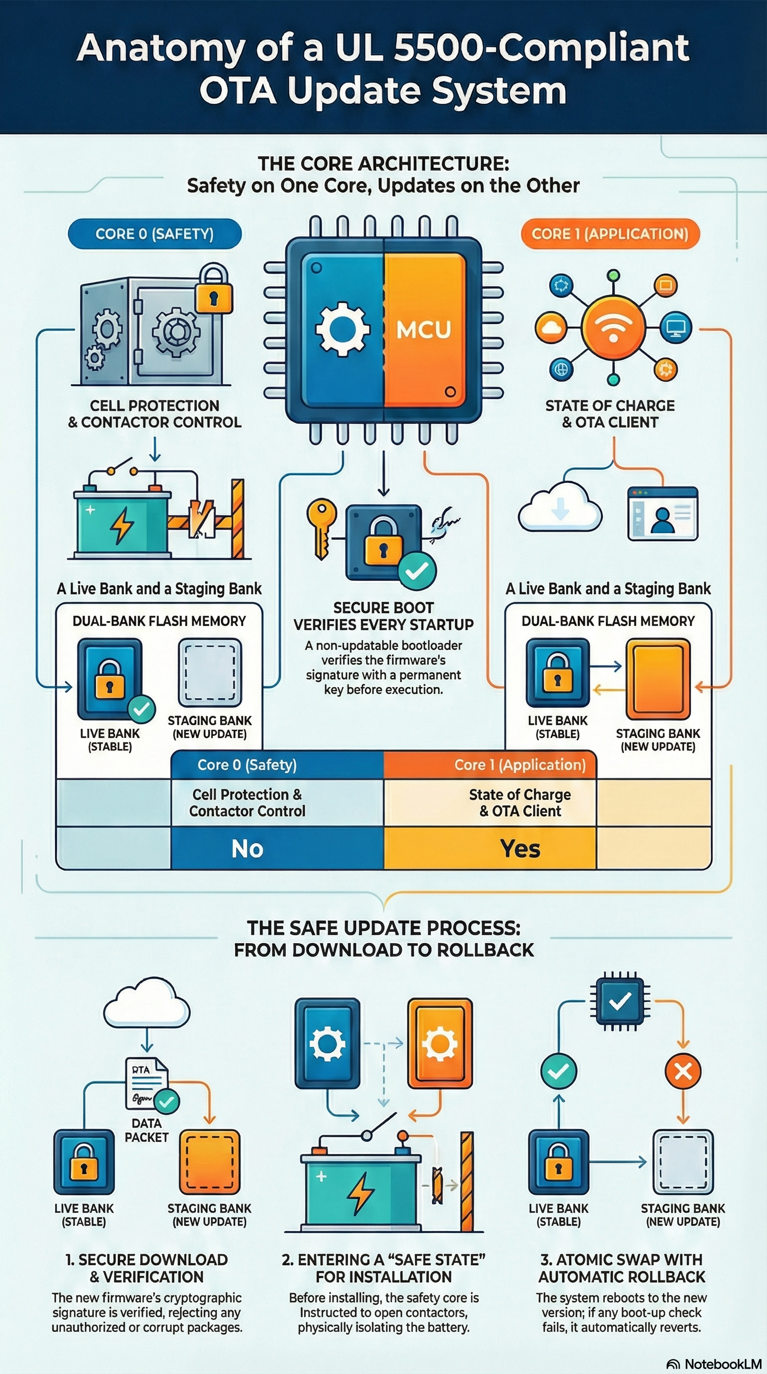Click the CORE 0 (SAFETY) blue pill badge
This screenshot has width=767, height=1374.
pos(155,234)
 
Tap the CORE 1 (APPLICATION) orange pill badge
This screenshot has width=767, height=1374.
pos(610,234)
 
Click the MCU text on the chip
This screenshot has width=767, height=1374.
pos(423,330)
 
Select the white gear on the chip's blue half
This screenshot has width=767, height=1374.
pos(342,329)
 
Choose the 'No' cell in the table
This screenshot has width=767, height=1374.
pos(248,848)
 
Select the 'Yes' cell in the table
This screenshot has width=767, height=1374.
pos(520,848)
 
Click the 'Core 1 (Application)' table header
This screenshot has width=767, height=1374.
pos(519,765)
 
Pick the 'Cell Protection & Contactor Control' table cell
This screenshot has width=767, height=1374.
pos(248,802)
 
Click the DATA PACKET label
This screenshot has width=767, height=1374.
pos(146,1130)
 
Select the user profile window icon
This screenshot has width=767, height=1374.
pos(663,513)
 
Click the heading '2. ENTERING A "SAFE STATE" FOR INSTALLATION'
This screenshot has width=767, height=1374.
pos(383,1268)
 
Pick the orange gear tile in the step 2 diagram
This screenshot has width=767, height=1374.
pos(439,1043)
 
